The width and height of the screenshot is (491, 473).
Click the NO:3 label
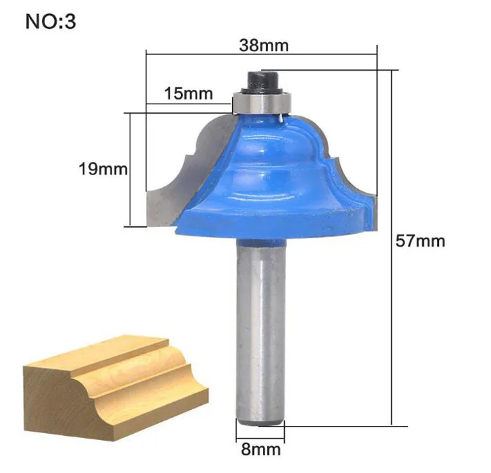[x=50, y=22]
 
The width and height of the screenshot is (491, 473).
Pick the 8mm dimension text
[x=261, y=448]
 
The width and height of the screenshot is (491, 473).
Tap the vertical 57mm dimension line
[x=391, y=245]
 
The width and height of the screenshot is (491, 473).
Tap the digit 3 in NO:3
[x=70, y=22]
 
